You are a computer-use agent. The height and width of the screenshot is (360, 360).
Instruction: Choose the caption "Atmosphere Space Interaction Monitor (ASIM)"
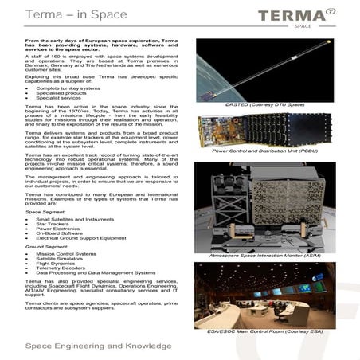tap(265, 255)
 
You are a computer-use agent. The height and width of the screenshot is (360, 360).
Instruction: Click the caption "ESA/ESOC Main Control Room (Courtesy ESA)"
tap(265, 329)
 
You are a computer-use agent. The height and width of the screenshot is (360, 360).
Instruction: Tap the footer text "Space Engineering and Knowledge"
tap(88, 346)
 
